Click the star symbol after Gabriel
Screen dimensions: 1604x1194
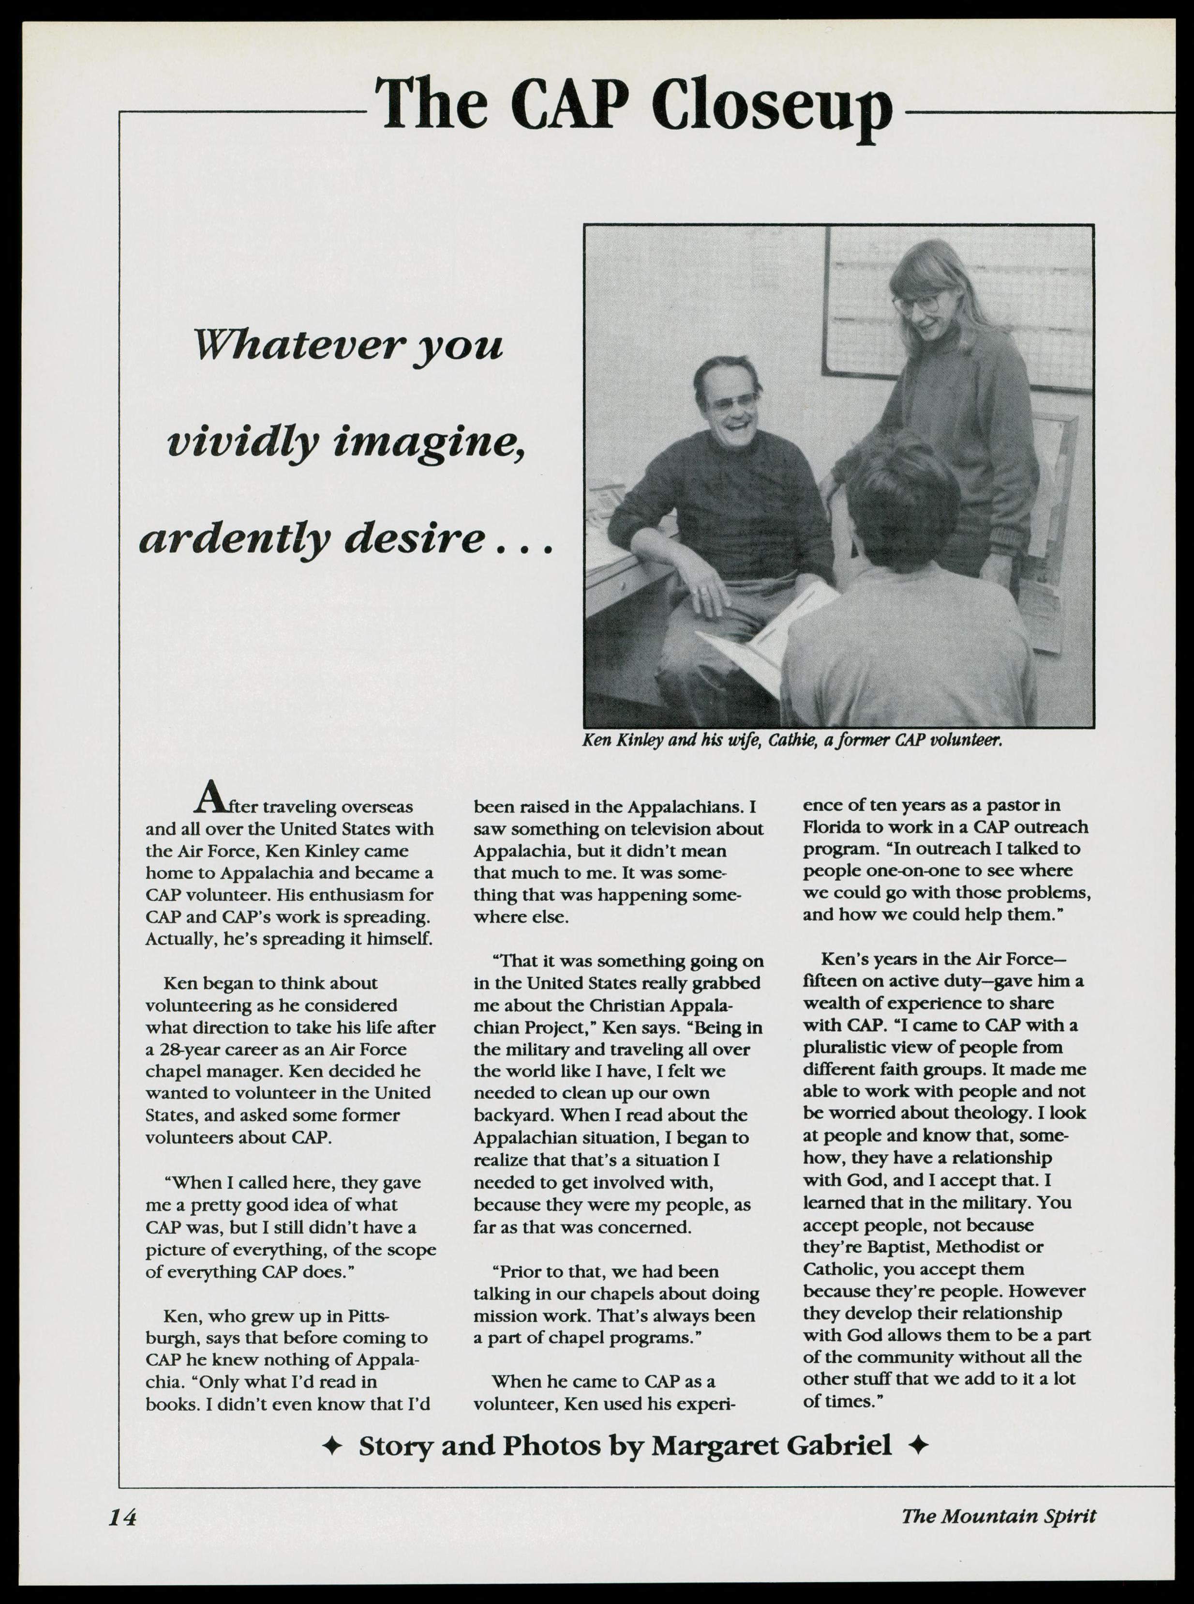click(918, 1446)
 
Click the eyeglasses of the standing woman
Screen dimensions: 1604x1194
click(916, 302)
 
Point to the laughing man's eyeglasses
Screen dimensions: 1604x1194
click(731, 402)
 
